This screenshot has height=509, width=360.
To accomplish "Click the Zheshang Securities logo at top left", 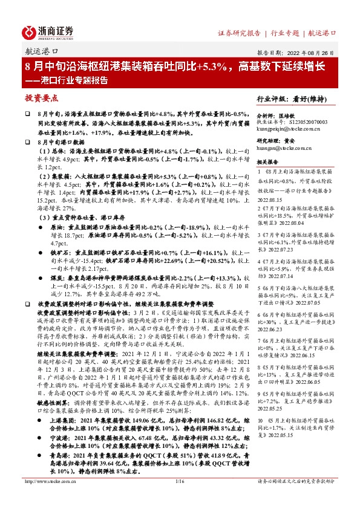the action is [x=48, y=31].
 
